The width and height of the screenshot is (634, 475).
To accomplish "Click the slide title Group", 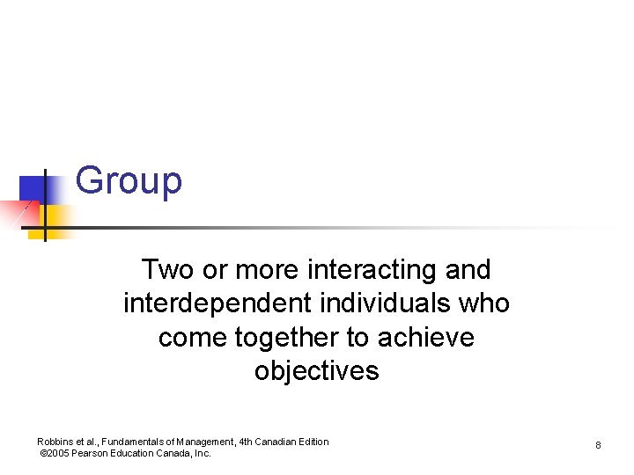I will (x=129, y=181).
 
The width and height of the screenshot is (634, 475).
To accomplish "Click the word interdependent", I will (x=217, y=303).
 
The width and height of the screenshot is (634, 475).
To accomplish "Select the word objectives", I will (x=317, y=371).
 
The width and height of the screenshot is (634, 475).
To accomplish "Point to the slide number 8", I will (x=598, y=446).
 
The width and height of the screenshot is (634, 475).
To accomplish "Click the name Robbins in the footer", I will (x=55, y=442).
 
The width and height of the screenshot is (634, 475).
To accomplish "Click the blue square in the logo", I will (x=33, y=189).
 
